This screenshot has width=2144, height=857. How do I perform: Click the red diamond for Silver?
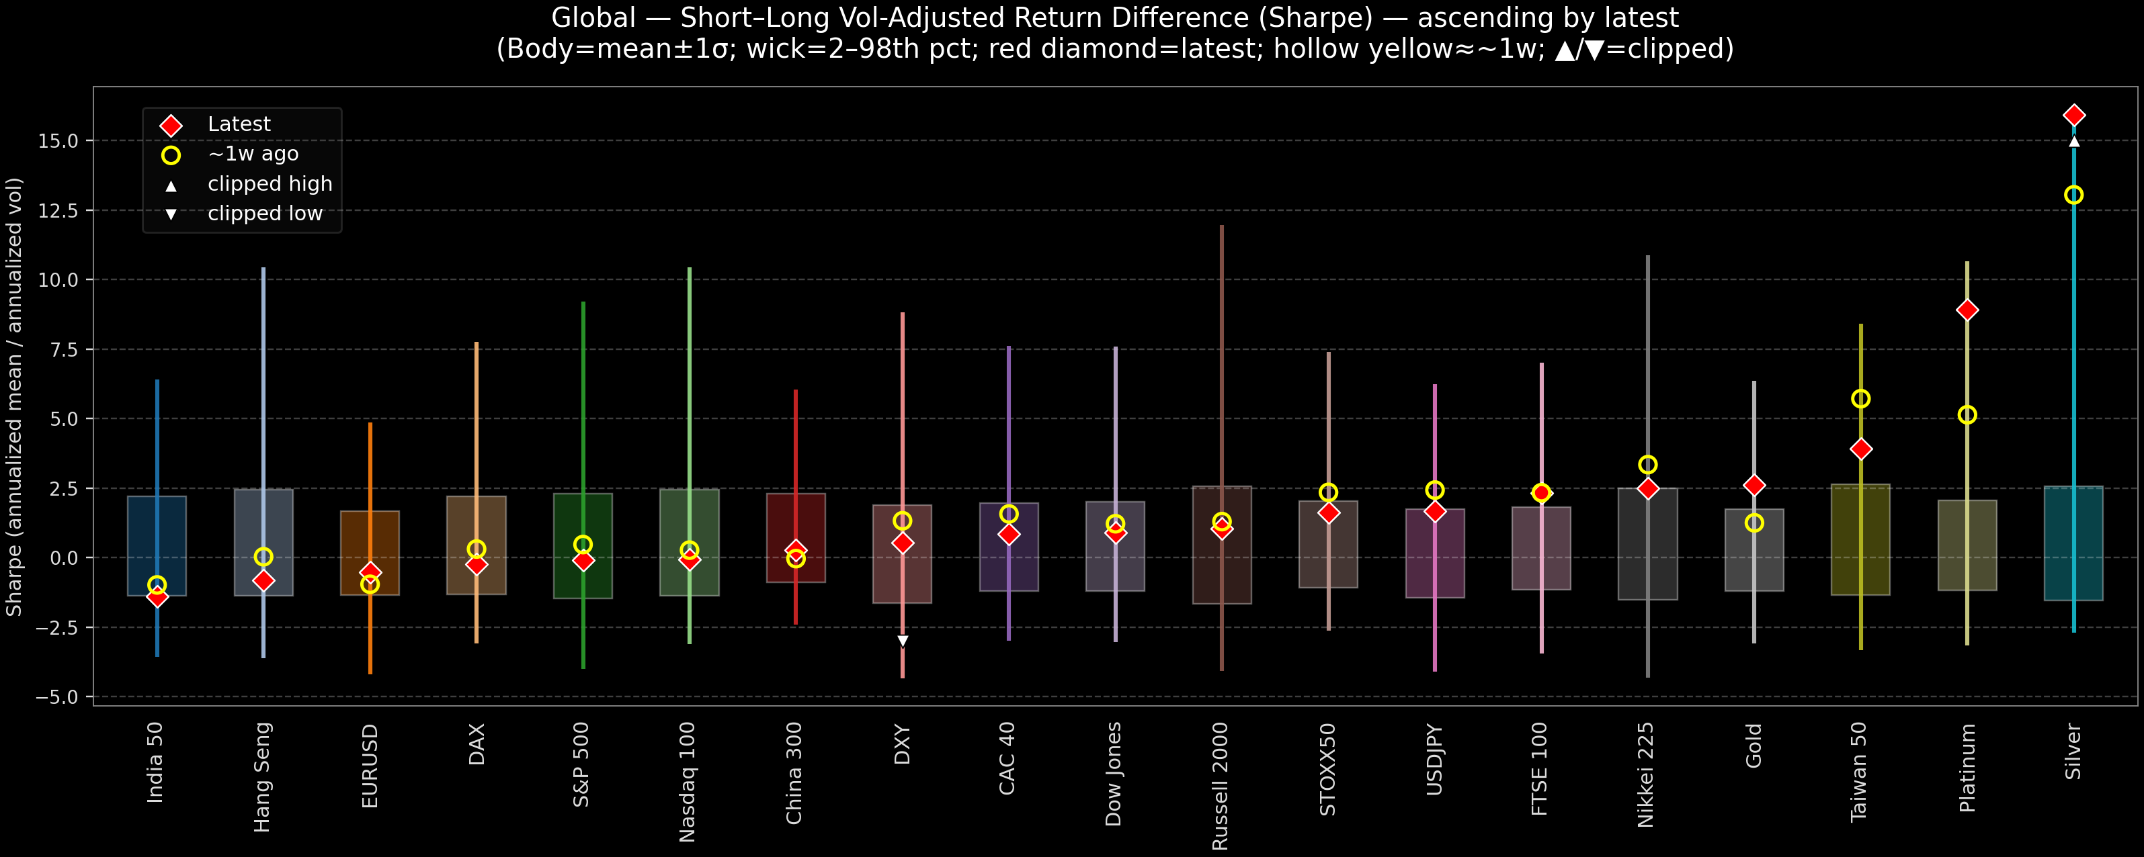[x=2073, y=115]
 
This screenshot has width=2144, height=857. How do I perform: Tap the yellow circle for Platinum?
[x=1967, y=414]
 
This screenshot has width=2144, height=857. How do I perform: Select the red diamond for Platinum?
[x=1967, y=310]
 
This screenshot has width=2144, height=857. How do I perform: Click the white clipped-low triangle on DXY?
[x=902, y=641]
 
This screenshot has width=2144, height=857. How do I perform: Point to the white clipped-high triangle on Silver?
[x=2073, y=142]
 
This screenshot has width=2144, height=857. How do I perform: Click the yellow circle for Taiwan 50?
[x=1860, y=398]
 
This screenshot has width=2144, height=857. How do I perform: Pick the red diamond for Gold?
[x=1754, y=485]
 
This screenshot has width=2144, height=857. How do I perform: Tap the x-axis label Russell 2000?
[x=1220, y=786]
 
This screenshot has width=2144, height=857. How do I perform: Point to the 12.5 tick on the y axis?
[x=57, y=210]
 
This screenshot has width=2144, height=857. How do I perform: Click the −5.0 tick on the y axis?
[x=56, y=696]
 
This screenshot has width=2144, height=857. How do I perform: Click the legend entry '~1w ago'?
[x=253, y=154]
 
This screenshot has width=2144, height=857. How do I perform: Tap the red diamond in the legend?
[x=171, y=126]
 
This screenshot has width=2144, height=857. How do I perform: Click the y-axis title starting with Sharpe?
[x=14, y=397]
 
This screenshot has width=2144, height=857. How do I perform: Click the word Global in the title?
[x=593, y=17]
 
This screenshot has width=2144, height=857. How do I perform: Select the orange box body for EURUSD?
[x=370, y=553]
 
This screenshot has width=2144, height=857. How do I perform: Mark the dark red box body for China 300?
[x=796, y=537]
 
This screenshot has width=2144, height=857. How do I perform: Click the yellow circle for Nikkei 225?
[x=1647, y=464]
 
